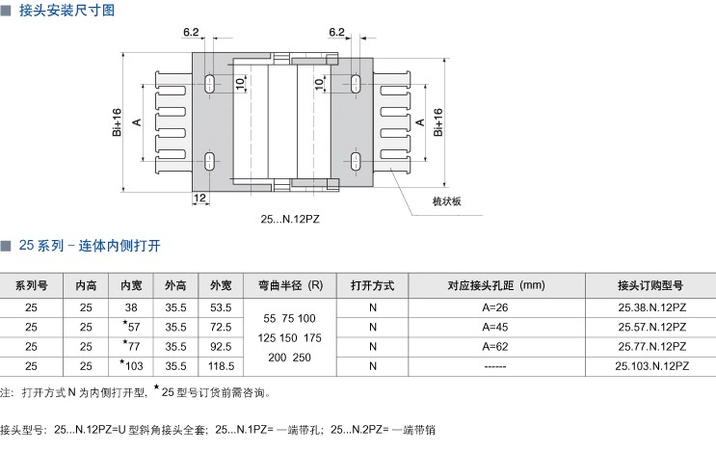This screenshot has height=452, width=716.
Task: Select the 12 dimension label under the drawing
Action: click(199, 198)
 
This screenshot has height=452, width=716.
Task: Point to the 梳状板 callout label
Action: click(447, 200)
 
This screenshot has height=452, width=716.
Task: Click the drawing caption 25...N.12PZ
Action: click(292, 219)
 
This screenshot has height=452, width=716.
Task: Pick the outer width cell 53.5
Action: click(222, 307)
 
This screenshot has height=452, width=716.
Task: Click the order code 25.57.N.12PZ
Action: click(651, 327)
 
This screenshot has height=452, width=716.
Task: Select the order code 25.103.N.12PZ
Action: click(651, 366)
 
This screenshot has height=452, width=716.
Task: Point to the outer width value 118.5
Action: click(222, 366)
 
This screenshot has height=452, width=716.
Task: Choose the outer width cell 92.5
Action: click(222, 346)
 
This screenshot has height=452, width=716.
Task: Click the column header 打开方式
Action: click(373, 286)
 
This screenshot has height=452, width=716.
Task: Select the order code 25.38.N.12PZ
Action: click(651, 307)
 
